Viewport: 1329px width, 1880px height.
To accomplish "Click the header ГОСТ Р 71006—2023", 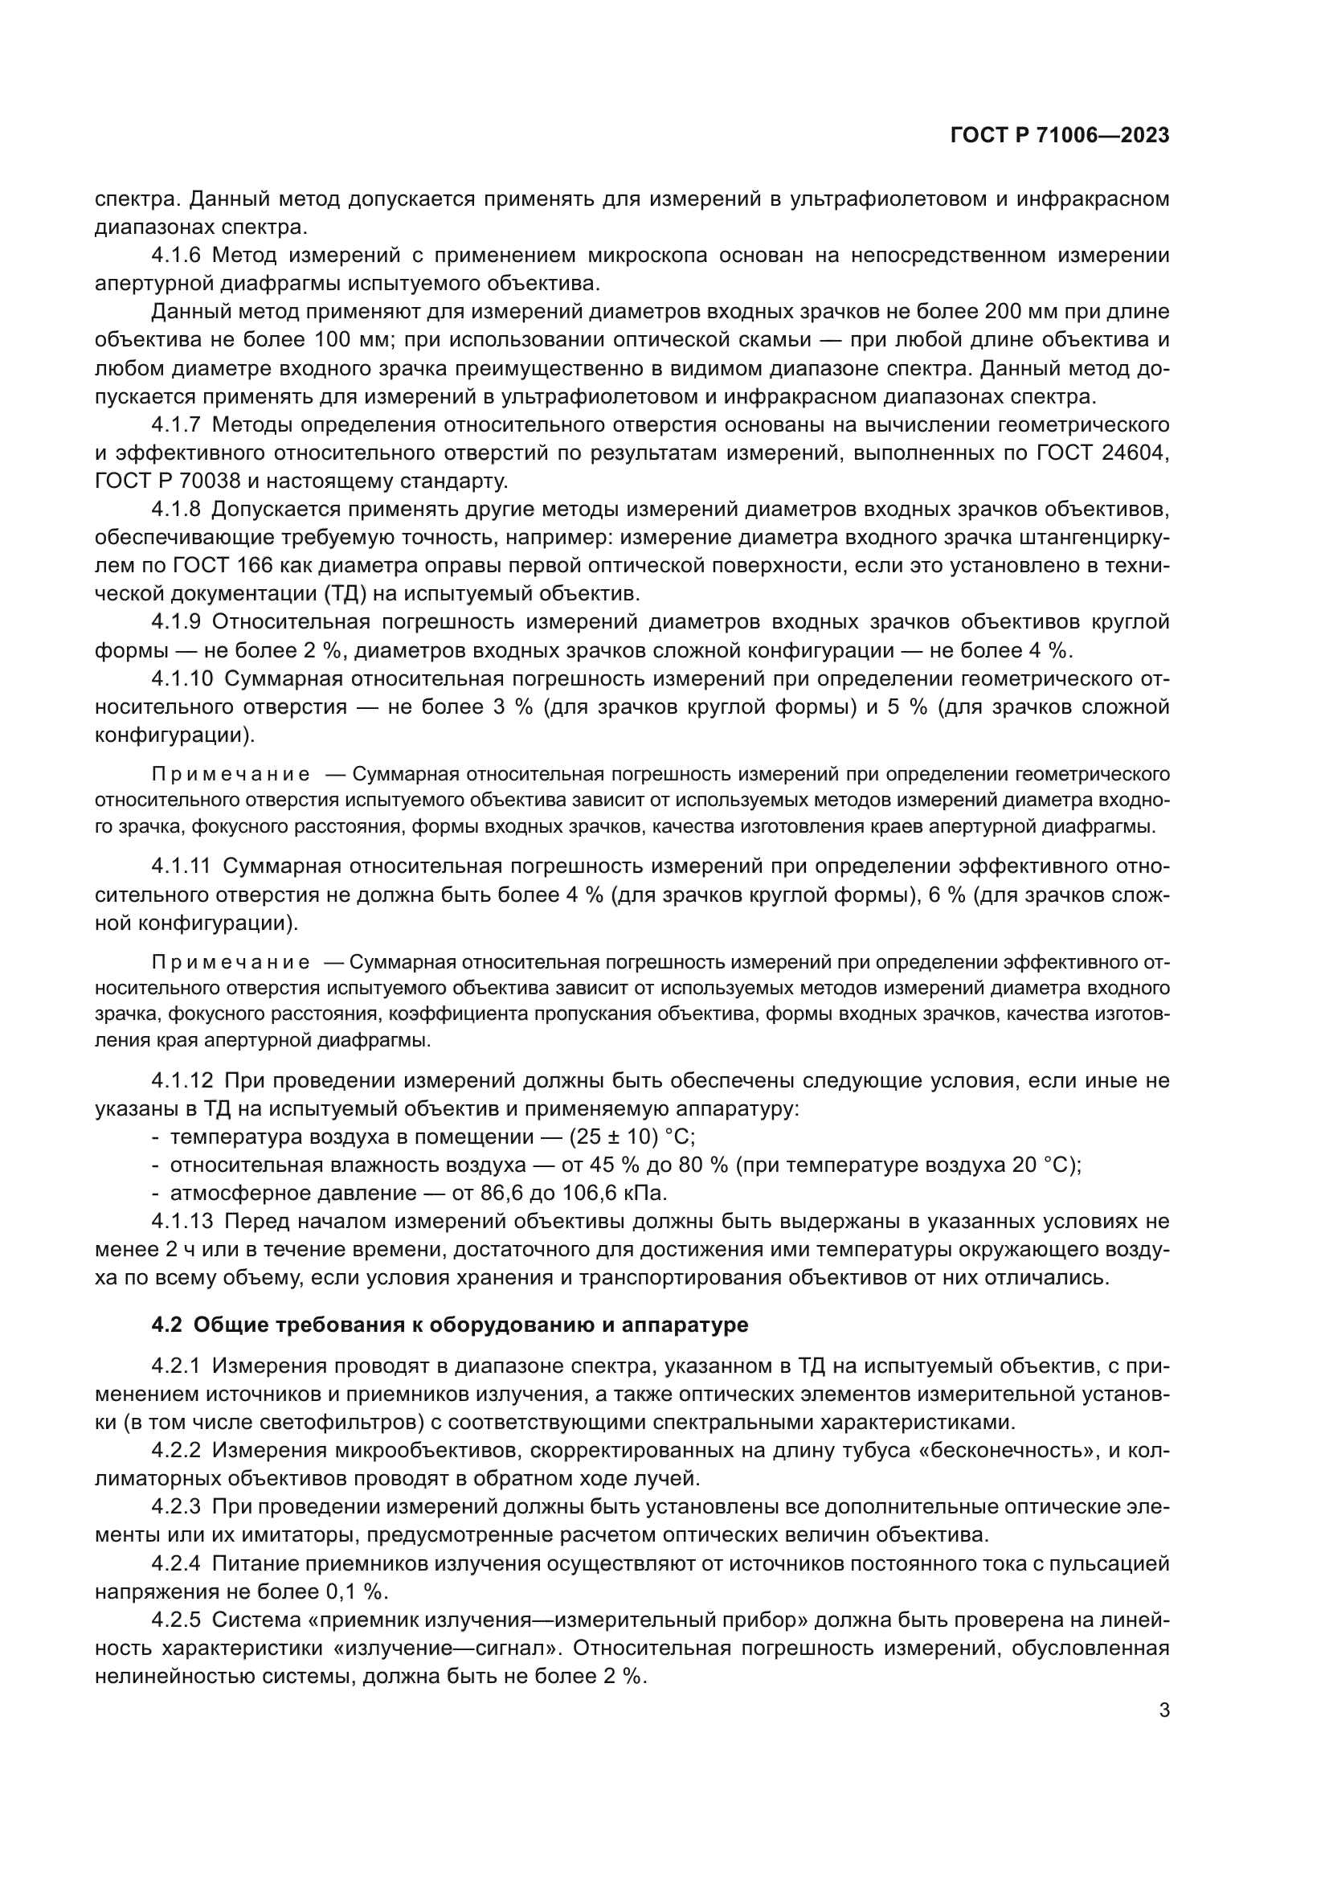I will click(1060, 136).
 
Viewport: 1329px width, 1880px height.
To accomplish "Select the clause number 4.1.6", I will click(175, 256).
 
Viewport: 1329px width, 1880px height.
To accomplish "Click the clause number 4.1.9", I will click(175, 622).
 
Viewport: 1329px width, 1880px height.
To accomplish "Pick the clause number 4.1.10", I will click(182, 679).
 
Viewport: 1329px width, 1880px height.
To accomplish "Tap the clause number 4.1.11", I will click(181, 866).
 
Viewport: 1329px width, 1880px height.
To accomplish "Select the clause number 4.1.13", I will click(182, 1222).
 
